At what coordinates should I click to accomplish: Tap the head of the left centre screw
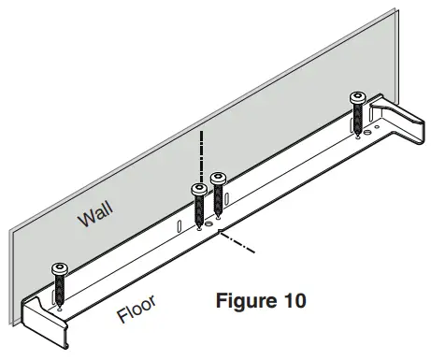click(x=199, y=190)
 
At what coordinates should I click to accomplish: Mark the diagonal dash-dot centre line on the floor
click(x=238, y=246)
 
